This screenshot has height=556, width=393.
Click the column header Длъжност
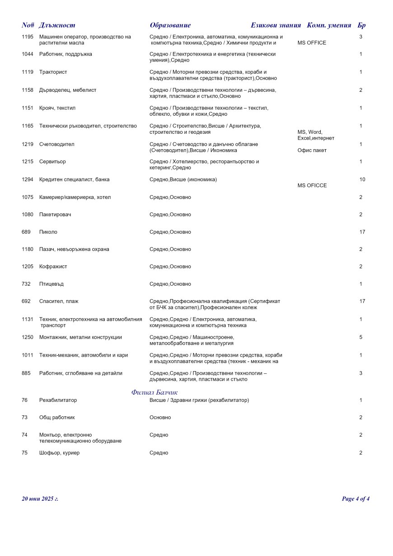tap(57, 25)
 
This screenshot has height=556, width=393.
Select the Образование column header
tap(170, 25)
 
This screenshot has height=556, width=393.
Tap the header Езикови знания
tap(276, 25)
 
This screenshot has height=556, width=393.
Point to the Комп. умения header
tap(329, 25)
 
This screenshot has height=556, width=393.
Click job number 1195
tap(28, 37)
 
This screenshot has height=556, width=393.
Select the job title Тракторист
tap(53, 72)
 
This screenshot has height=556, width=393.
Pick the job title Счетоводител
tap(57, 144)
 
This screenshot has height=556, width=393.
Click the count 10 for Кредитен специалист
tap(362, 179)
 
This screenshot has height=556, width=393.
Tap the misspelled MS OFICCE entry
tap(312, 185)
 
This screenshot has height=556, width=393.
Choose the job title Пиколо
tap(48, 232)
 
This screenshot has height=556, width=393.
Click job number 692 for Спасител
tap(26, 301)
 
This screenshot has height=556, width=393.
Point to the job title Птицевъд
tap(51, 284)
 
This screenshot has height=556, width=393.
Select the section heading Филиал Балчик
tap(154, 392)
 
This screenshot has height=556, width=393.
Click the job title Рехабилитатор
tap(58, 400)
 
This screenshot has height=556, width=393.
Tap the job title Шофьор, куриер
tap(59, 452)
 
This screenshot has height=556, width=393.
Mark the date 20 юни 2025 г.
tap(40, 499)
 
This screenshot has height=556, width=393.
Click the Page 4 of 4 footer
tap(356, 499)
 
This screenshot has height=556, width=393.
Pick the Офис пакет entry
tap(312, 150)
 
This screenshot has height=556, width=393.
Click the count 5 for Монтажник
tap(361, 337)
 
